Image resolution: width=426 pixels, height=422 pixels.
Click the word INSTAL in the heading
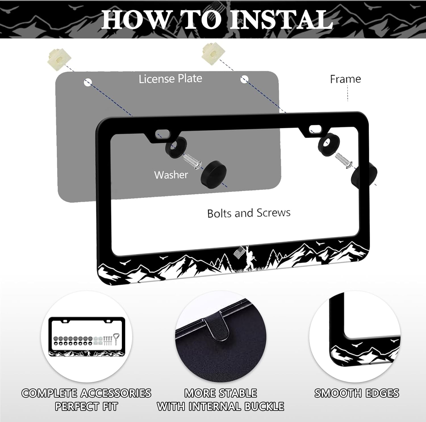281,19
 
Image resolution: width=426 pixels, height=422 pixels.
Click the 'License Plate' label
170,78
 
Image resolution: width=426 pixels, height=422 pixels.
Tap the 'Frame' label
345,79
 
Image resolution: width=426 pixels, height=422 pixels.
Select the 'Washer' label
171,175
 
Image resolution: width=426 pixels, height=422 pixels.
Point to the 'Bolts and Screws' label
249,213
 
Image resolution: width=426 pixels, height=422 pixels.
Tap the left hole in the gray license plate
88,82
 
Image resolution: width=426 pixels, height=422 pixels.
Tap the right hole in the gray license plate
244,79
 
